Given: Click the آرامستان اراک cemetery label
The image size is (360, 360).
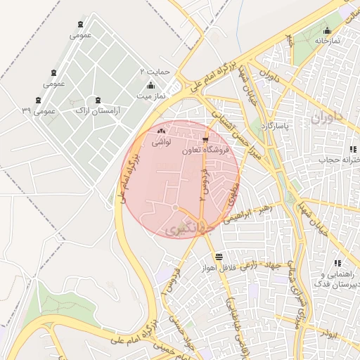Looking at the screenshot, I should (x=98, y=111).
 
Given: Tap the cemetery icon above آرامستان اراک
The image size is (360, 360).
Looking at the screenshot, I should (x=98, y=100).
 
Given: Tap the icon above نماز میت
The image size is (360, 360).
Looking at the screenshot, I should (x=150, y=84).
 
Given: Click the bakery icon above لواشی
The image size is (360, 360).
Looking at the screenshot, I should (x=161, y=131).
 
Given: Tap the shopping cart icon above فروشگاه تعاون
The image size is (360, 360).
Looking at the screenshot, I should (x=205, y=139).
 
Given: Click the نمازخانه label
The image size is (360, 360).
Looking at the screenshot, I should (x=327, y=41).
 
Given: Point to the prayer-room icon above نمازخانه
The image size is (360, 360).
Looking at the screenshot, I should (x=327, y=30).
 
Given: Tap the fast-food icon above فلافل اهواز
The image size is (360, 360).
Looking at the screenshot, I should (x=219, y=257).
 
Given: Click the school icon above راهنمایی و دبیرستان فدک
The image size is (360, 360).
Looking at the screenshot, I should (x=337, y=263).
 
